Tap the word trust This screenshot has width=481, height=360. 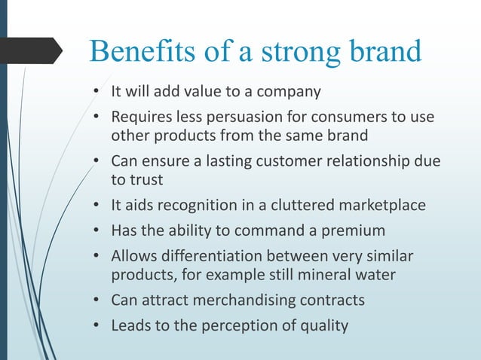pyautogui.click(x=149, y=181)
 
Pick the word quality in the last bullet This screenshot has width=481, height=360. pyautogui.click(x=324, y=326)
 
